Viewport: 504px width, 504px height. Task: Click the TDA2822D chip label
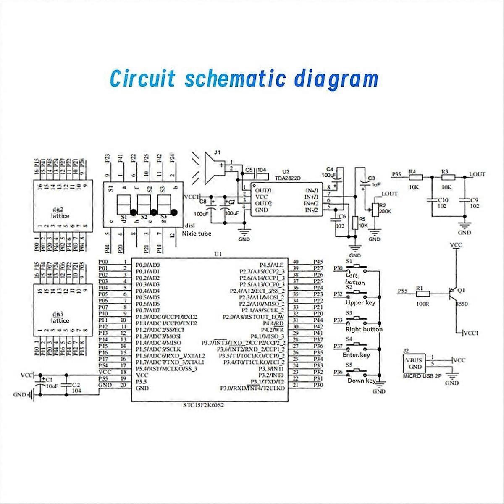(292, 178)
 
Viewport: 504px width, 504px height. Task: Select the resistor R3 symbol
(446, 177)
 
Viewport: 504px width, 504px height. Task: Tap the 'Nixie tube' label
(197, 234)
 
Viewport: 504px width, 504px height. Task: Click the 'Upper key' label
(360, 302)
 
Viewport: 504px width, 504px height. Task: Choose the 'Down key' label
(362, 381)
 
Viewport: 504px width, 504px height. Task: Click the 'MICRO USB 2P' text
(422, 377)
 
